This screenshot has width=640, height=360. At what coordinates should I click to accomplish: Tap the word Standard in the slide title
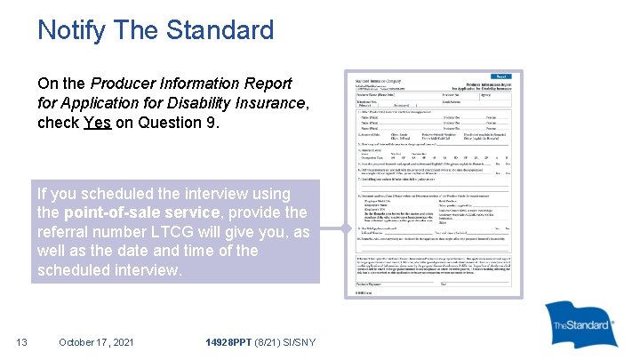click(221, 30)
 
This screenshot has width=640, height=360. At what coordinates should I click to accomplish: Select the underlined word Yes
click(97, 123)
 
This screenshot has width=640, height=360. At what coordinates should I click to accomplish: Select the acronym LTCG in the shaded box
click(196, 231)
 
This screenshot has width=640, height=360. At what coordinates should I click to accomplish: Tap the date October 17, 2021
click(96, 341)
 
